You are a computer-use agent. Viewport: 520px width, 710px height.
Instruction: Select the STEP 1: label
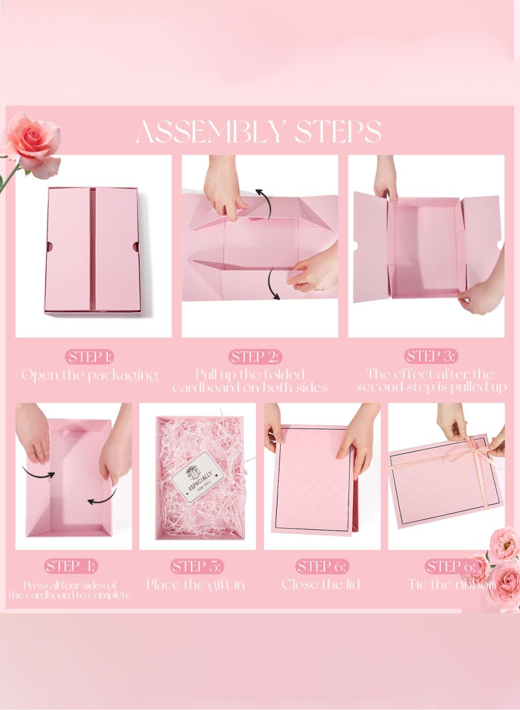(90, 356)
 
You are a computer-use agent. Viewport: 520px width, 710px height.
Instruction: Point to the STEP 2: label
(255, 356)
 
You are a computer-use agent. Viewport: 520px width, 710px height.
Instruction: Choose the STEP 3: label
(431, 356)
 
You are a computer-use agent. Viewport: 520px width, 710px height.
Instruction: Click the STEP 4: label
(71, 566)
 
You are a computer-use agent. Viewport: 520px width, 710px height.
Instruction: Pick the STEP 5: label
(197, 566)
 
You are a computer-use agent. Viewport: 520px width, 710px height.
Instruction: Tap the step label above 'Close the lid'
(322, 566)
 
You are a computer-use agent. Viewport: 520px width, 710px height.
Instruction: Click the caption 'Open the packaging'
(90, 375)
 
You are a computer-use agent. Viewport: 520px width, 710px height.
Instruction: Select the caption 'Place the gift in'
(195, 584)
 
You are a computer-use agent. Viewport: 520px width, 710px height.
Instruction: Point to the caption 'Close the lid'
(322, 584)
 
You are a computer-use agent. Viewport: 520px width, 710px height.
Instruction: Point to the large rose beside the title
(32, 143)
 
